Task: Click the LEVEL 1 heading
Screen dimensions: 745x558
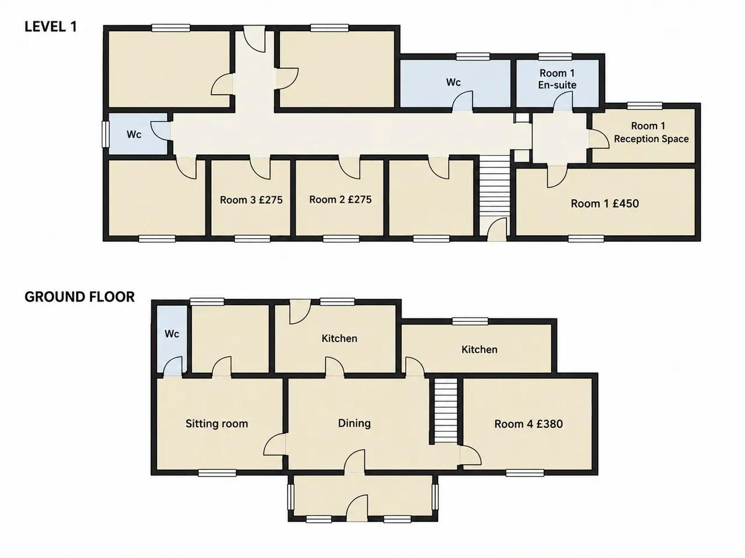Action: (x=51, y=27)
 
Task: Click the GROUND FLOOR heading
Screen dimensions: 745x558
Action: (x=79, y=297)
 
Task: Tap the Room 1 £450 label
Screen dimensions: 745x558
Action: (x=605, y=203)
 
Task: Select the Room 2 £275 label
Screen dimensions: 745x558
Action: (x=340, y=199)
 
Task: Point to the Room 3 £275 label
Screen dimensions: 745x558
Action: (x=251, y=200)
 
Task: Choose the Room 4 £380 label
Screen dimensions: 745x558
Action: (x=528, y=424)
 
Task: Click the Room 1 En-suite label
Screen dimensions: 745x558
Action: (x=557, y=79)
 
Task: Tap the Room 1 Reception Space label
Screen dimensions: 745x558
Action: (x=651, y=133)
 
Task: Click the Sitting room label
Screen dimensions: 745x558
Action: (x=217, y=424)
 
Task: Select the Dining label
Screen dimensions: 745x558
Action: (x=354, y=424)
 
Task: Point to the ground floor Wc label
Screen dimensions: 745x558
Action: (x=172, y=334)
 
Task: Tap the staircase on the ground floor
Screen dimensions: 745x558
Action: (x=446, y=410)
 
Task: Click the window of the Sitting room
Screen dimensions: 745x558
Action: (x=217, y=473)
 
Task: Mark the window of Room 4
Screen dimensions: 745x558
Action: (x=525, y=473)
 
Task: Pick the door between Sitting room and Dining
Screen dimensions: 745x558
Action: (x=275, y=444)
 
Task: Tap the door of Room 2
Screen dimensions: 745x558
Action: (x=350, y=167)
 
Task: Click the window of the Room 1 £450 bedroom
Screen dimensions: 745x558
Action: (x=586, y=239)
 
